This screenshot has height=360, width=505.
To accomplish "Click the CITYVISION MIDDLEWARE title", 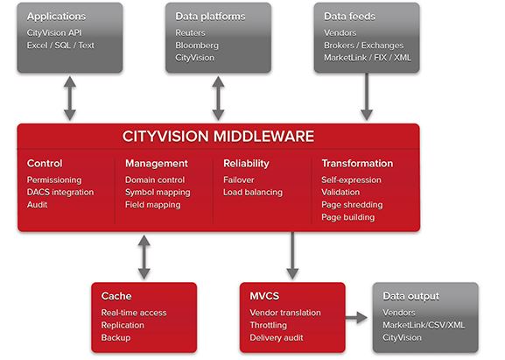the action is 218,136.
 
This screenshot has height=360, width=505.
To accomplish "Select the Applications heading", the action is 56,17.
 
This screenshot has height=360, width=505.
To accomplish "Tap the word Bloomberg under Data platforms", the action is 197,46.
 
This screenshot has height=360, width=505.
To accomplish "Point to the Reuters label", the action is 190,32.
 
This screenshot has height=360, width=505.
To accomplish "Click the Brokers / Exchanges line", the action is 363,46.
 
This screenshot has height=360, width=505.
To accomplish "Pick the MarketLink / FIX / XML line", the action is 368,58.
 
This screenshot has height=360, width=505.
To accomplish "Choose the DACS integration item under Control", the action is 60,193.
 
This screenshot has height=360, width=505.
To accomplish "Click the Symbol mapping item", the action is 158,193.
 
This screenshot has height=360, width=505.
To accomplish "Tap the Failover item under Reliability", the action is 239,180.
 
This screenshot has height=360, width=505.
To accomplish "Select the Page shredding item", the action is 352,205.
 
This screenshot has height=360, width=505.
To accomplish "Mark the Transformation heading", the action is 357,164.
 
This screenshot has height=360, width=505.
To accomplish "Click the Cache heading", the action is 116,296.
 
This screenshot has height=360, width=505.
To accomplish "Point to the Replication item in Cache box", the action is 123,325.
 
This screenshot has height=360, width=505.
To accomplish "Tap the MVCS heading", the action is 264,296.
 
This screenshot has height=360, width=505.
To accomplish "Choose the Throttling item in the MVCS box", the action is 269,325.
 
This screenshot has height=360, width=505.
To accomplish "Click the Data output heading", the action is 410,297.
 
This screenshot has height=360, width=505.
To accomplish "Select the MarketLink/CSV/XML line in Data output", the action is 424,325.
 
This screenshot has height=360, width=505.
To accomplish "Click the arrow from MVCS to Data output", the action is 356,318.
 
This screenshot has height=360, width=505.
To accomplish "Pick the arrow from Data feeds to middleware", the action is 367,96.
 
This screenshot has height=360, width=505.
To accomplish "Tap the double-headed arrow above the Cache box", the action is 144,257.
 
